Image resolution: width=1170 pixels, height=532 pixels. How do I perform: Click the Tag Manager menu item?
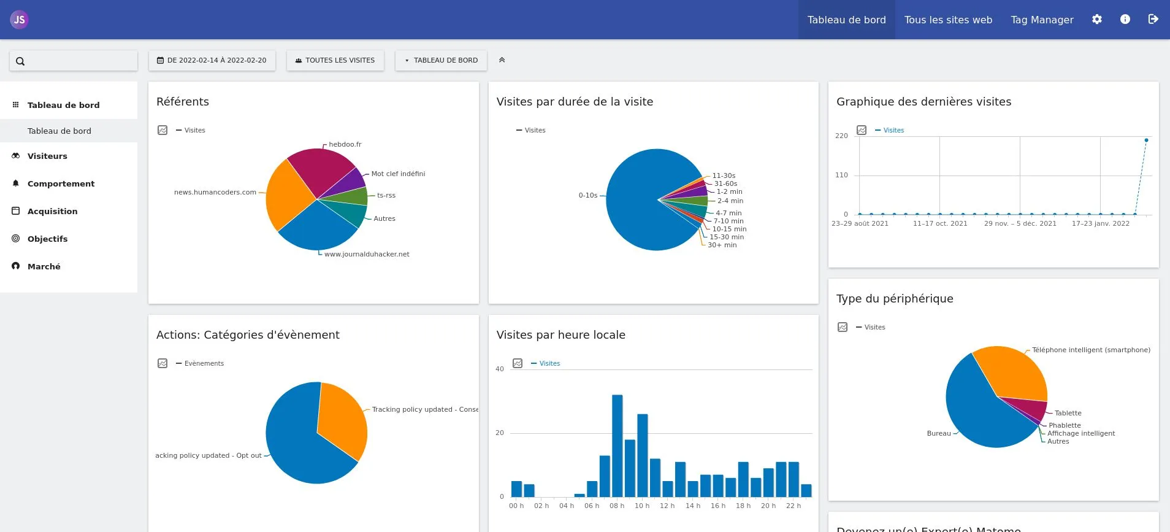click(1042, 20)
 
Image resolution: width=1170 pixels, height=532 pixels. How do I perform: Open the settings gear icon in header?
click(1097, 20)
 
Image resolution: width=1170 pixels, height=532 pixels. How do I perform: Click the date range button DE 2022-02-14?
click(212, 60)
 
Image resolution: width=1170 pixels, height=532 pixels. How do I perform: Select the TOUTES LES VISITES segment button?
click(335, 60)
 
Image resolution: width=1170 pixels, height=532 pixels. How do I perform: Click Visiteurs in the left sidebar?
click(47, 156)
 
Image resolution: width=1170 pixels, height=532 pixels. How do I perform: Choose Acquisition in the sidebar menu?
click(52, 211)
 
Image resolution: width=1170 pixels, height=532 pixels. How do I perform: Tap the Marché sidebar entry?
click(44, 266)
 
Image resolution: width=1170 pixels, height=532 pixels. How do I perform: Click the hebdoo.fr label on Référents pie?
click(345, 144)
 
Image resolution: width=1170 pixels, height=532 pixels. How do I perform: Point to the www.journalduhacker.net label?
click(367, 254)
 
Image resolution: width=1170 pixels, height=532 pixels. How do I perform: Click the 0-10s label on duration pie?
click(587, 195)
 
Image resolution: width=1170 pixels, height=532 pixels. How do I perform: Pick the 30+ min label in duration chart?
click(722, 245)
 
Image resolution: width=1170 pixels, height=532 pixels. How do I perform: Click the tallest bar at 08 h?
click(617, 445)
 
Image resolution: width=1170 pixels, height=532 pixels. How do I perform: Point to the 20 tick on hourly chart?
click(499, 433)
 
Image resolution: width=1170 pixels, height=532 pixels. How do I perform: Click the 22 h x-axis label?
click(793, 506)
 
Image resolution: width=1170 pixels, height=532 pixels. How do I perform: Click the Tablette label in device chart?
click(1068, 413)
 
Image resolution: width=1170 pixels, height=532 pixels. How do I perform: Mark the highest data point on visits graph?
click(1146, 141)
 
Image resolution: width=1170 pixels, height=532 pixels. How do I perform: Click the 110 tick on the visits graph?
click(841, 175)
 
